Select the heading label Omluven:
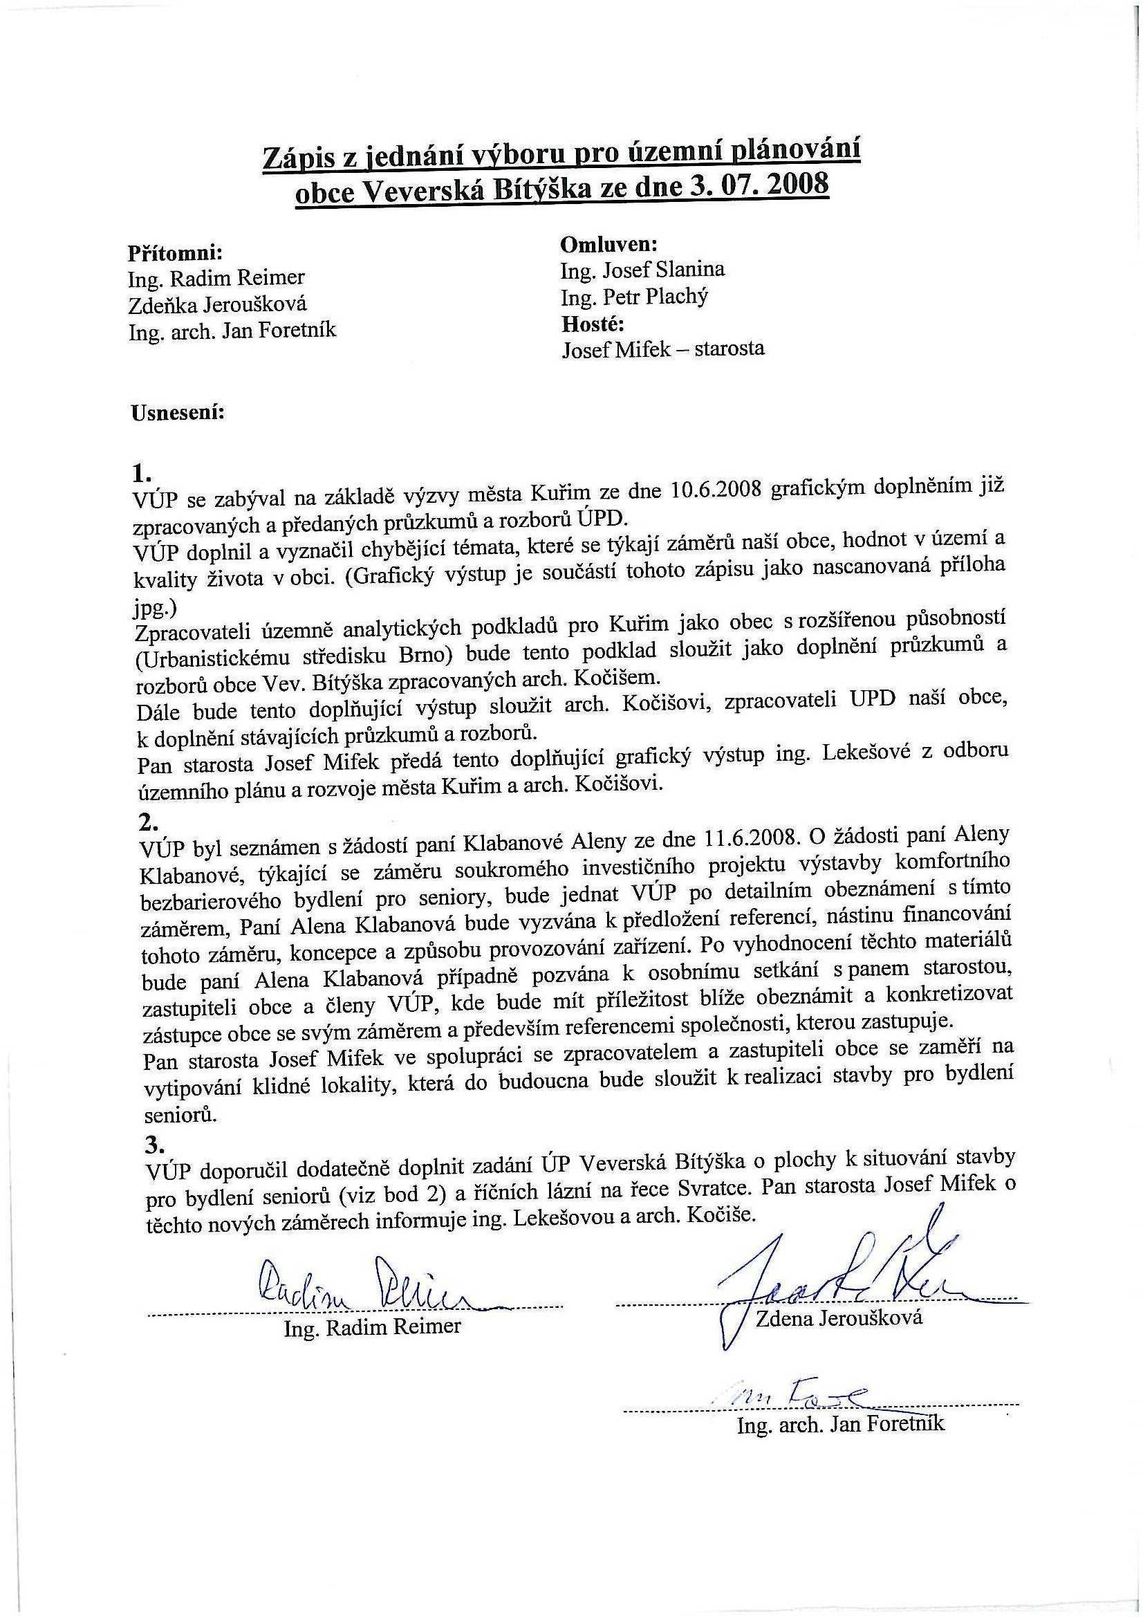tap(608, 243)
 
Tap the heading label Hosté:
tap(593, 324)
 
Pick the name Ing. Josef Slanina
tap(642, 270)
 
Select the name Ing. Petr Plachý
tap(634, 297)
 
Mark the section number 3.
tap(154, 1144)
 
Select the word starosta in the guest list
tap(729, 349)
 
